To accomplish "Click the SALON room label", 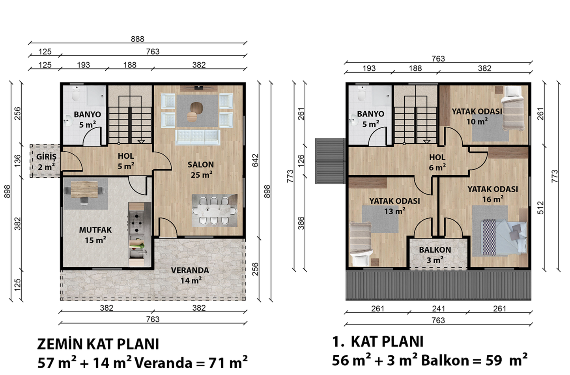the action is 200,165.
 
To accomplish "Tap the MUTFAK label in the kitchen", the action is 95,230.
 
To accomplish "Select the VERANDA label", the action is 190,270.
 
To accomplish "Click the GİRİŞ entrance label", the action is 46,157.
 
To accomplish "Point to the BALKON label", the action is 435,250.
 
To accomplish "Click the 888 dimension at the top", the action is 137,39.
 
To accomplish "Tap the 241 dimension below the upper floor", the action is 438,309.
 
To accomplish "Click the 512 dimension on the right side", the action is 540,208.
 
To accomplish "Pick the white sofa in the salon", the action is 198,137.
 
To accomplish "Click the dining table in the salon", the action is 214,211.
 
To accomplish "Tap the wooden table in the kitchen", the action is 84,189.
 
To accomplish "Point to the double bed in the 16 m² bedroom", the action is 503,237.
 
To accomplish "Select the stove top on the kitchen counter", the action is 136,223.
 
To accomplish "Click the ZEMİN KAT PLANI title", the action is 98,345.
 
